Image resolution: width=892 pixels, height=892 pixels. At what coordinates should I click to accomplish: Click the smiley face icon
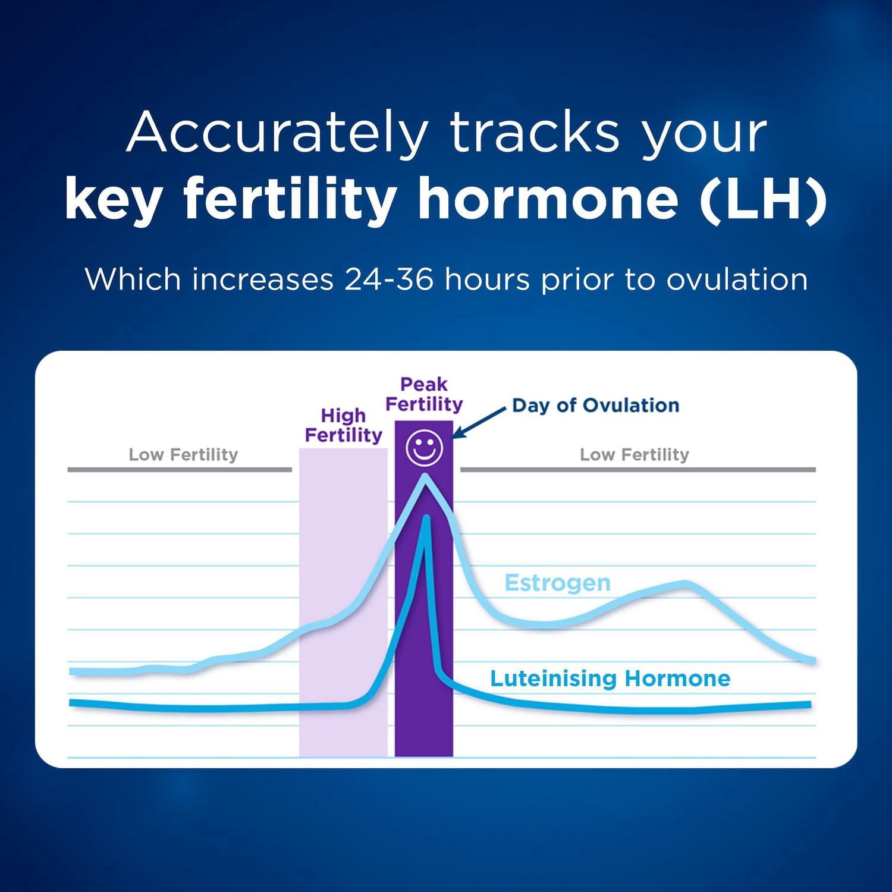(x=424, y=448)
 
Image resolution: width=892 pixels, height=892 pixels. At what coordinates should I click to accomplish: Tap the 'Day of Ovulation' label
(x=595, y=406)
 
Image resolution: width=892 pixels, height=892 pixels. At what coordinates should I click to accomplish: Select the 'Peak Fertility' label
(x=423, y=394)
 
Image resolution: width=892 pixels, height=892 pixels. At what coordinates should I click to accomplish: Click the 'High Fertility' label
(x=343, y=425)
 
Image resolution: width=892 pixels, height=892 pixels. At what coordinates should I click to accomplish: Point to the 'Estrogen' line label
(x=557, y=583)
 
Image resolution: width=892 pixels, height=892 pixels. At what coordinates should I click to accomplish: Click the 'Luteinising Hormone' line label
(x=610, y=679)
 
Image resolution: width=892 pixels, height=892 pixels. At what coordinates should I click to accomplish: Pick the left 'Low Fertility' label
(x=183, y=455)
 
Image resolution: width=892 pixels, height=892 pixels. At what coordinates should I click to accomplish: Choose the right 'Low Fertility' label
(x=634, y=455)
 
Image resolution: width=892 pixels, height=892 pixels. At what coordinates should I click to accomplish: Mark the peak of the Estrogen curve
(x=425, y=476)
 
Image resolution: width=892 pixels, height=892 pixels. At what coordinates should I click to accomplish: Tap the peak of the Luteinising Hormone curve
(x=426, y=517)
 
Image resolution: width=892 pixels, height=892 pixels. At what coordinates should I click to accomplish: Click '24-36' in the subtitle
(x=388, y=279)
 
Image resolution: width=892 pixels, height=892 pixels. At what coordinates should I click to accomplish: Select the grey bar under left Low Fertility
(x=180, y=470)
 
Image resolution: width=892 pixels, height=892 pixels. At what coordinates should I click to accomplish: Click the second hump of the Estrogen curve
(x=684, y=583)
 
